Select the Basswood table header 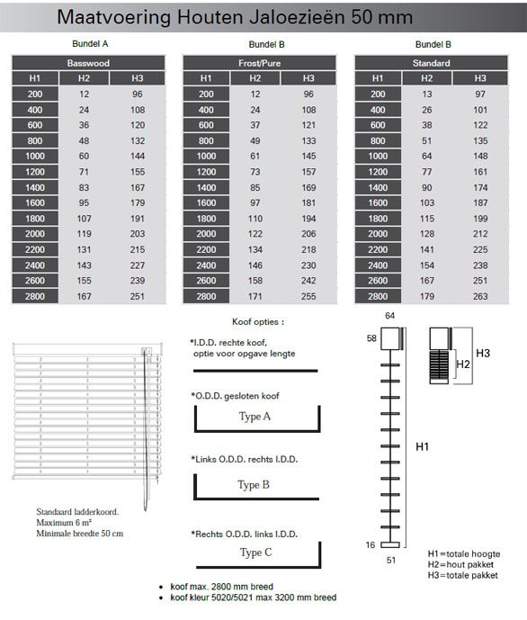coord(88,63)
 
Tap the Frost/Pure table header coord(259,63)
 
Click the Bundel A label coord(90,44)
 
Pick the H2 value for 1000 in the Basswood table coord(84,157)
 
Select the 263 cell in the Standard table coord(480,296)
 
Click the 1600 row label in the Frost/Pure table coord(206,202)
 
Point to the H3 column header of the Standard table coord(480,78)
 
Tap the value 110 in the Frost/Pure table coord(255,219)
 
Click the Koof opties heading coord(258,322)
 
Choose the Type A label coord(255,417)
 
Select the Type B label coord(254,485)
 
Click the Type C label coord(256,553)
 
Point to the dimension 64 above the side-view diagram coord(390,316)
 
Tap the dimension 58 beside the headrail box coord(371,338)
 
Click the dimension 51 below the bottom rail coord(391,560)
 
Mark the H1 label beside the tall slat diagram coord(423,447)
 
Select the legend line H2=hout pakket coord(460,564)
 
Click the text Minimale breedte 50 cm coord(80,534)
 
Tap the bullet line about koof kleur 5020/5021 coord(254,598)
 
